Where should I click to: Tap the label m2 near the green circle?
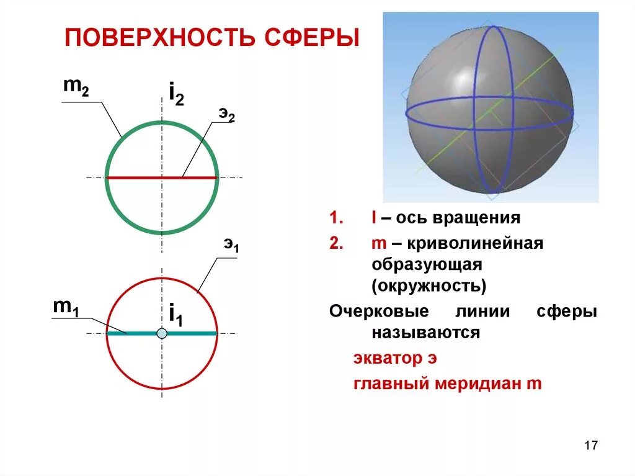[76, 88]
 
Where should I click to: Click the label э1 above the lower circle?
[231, 245]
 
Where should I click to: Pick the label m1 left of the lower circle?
[65, 307]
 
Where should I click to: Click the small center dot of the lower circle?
[162, 334]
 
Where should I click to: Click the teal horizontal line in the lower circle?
[192, 334]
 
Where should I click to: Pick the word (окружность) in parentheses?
[429, 287]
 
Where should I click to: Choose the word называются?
[425, 333]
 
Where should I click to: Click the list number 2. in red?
[336, 243]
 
